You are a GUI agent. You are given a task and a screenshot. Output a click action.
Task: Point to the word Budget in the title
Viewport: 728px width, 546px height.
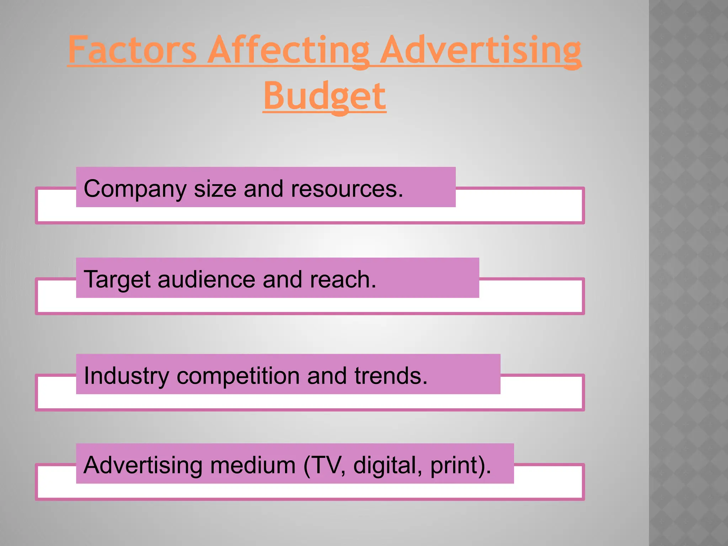324,96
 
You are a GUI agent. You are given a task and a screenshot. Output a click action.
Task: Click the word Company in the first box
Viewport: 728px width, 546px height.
135,189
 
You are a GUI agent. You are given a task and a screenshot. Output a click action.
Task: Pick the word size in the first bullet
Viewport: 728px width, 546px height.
215,189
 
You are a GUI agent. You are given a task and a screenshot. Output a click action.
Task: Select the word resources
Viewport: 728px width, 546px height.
347,189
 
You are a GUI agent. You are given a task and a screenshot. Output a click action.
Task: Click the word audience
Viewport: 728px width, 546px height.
206,279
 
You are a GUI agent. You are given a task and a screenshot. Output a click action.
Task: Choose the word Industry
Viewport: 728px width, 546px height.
127,376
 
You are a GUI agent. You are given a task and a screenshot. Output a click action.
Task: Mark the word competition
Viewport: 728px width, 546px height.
238,376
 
